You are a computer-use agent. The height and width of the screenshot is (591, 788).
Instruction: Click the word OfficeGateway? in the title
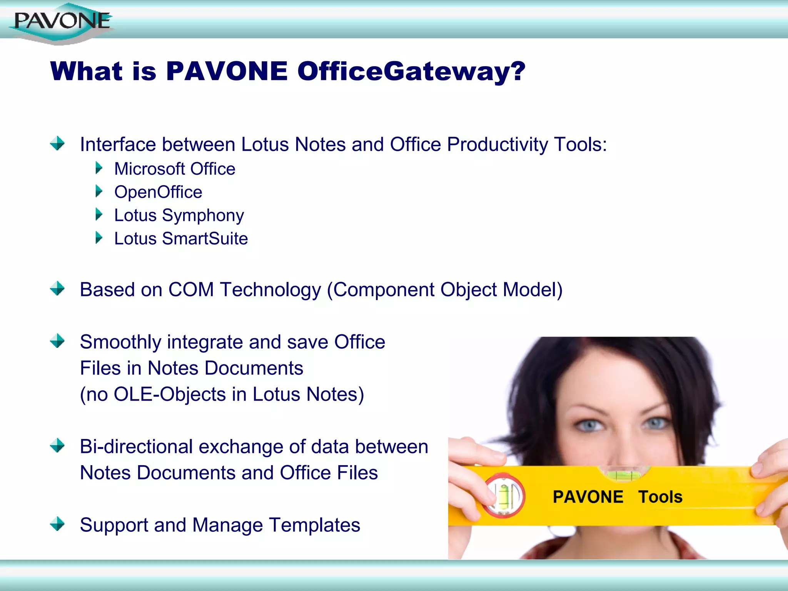pos(411,72)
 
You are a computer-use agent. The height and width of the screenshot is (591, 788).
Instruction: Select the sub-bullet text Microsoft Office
pos(175,169)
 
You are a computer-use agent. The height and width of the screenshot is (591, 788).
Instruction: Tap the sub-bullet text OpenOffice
pos(158,192)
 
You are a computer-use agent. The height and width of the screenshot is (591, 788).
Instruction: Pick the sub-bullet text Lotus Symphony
pos(179,215)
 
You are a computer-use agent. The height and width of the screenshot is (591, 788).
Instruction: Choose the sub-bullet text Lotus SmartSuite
pos(181,239)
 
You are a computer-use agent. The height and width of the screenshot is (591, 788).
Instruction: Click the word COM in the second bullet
pos(191,290)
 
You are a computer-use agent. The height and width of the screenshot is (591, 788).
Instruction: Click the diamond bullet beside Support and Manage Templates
pos(57,524)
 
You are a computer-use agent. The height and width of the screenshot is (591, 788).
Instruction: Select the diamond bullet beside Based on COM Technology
pos(57,288)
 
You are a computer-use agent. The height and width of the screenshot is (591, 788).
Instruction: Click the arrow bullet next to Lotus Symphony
pos(99,214)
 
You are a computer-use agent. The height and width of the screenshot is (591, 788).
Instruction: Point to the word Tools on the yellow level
pos(660,497)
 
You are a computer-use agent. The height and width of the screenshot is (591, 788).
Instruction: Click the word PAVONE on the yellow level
pos(588,497)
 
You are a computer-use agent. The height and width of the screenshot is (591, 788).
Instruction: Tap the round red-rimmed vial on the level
pos(503,496)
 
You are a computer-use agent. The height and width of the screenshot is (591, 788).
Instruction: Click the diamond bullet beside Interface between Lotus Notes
pos(57,144)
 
